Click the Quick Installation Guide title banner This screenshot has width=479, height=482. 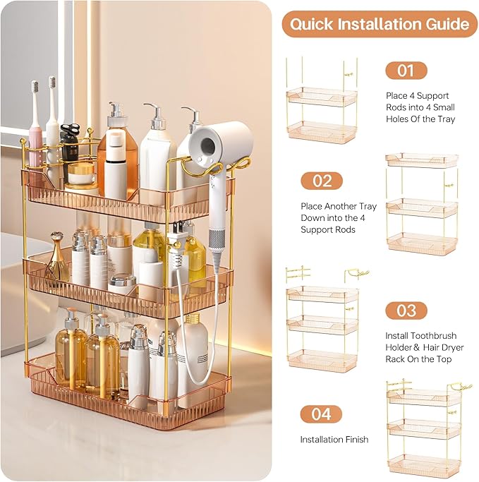(380, 24)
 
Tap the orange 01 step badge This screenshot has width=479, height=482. (406, 71)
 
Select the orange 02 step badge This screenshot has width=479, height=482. (321, 181)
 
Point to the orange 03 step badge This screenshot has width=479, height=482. (406, 311)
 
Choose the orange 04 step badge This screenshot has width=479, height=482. (321, 414)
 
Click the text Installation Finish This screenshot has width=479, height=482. (334, 440)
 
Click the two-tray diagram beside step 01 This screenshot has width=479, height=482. (321, 102)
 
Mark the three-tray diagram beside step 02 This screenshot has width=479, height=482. (421, 205)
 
